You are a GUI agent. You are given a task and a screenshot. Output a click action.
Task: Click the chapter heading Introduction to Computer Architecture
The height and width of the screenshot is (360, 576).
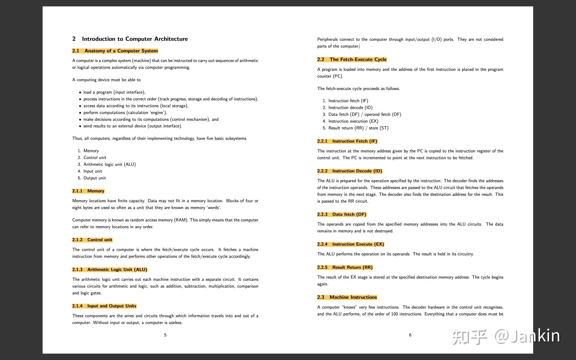(x=135, y=39)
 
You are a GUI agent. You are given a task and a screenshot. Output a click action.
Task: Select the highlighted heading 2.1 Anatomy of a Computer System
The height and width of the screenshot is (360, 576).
(x=115, y=51)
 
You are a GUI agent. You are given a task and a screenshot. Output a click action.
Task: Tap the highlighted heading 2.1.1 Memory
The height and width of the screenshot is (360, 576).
(x=88, y=191)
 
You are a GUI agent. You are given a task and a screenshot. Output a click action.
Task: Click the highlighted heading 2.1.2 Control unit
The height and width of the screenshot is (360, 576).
(x=92, y=240)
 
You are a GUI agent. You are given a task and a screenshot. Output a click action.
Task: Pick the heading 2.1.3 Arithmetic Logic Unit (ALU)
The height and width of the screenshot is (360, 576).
(x=109, y=269)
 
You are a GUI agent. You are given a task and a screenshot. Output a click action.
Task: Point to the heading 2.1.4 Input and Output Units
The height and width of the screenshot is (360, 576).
(x=104, y=306)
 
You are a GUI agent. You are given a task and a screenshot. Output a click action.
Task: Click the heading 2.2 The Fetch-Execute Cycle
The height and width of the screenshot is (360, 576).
(x=352, y=59)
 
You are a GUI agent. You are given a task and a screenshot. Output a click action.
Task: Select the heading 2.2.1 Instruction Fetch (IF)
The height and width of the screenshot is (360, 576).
(x=347, y=141)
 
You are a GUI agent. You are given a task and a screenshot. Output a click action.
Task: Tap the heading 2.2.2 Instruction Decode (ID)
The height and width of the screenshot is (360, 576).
(x=349, y=171)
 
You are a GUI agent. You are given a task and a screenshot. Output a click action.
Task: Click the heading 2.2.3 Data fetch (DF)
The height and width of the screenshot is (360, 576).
(x=342, y=214)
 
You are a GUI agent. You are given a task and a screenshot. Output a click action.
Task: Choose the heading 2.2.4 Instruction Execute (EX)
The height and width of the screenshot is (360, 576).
(x=350, y=244)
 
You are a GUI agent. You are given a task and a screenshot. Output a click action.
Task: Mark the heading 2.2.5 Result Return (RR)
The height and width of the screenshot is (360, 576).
(x=345, y=267)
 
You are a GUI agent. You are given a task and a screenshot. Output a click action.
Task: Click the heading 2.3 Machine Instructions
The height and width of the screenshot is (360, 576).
(x=347, y=297)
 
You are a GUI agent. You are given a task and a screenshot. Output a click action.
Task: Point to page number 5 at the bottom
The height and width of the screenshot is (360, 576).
(x=165, y=335)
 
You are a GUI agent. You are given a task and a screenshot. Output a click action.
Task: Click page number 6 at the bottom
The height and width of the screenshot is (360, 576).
(x=410, y=335)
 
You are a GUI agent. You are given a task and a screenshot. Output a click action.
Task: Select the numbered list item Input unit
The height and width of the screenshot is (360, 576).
(x=93, y=171)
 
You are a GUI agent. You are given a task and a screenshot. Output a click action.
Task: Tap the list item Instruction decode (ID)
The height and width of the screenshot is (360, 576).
(x=350, y=108)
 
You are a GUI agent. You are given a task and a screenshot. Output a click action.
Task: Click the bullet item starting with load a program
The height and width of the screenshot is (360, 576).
(x=114, y=92)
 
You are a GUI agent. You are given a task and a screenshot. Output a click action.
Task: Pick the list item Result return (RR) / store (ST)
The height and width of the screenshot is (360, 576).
(x=358, y=128)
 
